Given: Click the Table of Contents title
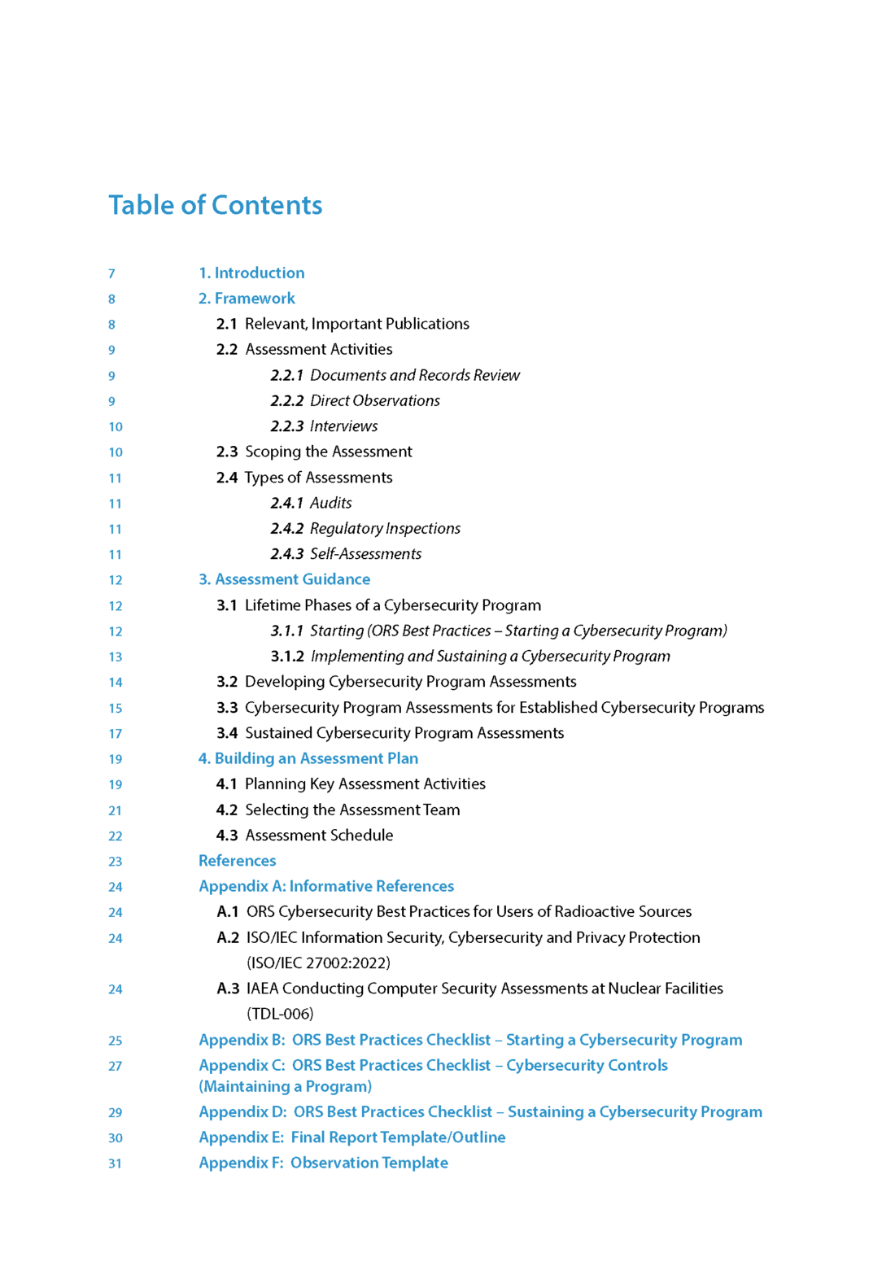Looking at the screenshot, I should pyautogui.click(x=216, y=205).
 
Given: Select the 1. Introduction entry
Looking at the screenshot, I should pyautogui.click(x=251, y=273).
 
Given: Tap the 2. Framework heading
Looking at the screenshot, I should pyautogui.click(x=247, y=299).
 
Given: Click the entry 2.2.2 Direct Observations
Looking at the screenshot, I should pyautogui.click(x=356, y=400).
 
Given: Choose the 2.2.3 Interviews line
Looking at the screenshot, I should pyautogui.click(x=324, y=426).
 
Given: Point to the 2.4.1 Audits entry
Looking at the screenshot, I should pyautogui.click(x=311, y=503).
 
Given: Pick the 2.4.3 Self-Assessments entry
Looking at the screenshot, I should pyautogui.click(x=346, y=554).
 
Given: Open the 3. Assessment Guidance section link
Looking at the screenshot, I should pyautogui.click(x=284, y=579).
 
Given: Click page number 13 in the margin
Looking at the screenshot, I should pyautogui.click(x=116, y=657).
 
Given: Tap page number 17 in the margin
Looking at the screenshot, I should pyautogui.click(x=116, y=733).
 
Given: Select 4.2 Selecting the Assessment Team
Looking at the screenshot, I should pyautogui.click(x=338, y=810).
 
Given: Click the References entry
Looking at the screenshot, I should pyautogui.click(x=237, y=861).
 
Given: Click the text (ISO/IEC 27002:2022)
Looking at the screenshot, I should pyautogui.click(x=318, y=963).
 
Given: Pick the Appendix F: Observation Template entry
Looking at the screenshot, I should pyautogui.click(x=323, y=1163).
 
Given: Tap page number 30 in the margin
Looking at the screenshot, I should pyautogui.click(x=116, y=1137).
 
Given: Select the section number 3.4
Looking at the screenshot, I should pyautogui.click(x=227, y=733).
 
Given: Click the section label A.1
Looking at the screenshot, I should pyautogui.click(x=227, y=912).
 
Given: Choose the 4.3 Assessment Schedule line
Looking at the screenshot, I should pyautogui.click(x=304, y=836).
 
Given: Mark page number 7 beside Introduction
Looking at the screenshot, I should pyautogui.click(x=111, y=273).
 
